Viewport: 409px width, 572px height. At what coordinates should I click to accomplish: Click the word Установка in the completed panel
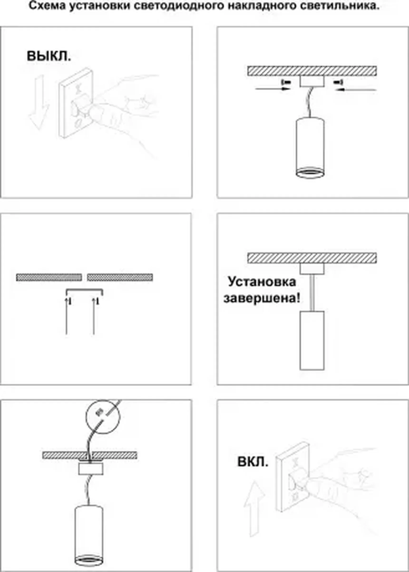pos(262,282)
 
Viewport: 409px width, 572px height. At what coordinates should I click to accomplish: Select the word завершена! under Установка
pos(262,299)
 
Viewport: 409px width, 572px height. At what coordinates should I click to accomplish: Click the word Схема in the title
pos(48,6)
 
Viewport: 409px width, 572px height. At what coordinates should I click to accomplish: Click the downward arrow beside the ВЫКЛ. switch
pos(39,103)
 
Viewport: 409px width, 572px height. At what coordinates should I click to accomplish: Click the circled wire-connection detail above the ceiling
pos(103,416)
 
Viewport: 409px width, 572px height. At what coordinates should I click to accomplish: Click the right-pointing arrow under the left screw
pos(273,89)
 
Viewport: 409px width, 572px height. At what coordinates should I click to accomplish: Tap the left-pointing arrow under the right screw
pos(356,89)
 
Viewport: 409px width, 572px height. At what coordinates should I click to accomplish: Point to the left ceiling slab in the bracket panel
pos(49,277)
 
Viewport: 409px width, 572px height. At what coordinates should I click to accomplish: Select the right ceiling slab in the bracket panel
pos(120,277)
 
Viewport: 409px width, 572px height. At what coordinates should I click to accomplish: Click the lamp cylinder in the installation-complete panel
pos(312,341)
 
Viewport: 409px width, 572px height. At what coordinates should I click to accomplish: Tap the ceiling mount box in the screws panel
pos(312,81)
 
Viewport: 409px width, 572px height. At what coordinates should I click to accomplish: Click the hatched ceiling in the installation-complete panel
pos(312,258)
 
